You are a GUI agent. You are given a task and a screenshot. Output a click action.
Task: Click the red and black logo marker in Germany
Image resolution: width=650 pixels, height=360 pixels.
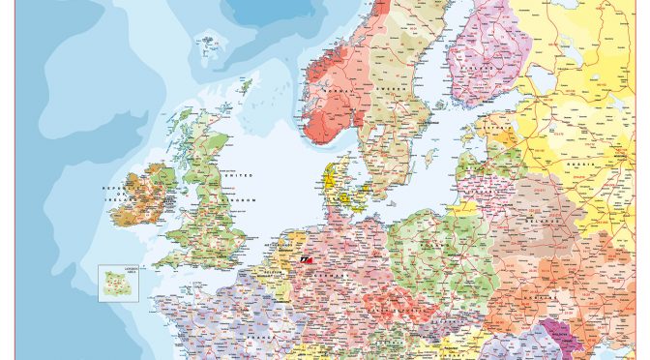tap(308, 260)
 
